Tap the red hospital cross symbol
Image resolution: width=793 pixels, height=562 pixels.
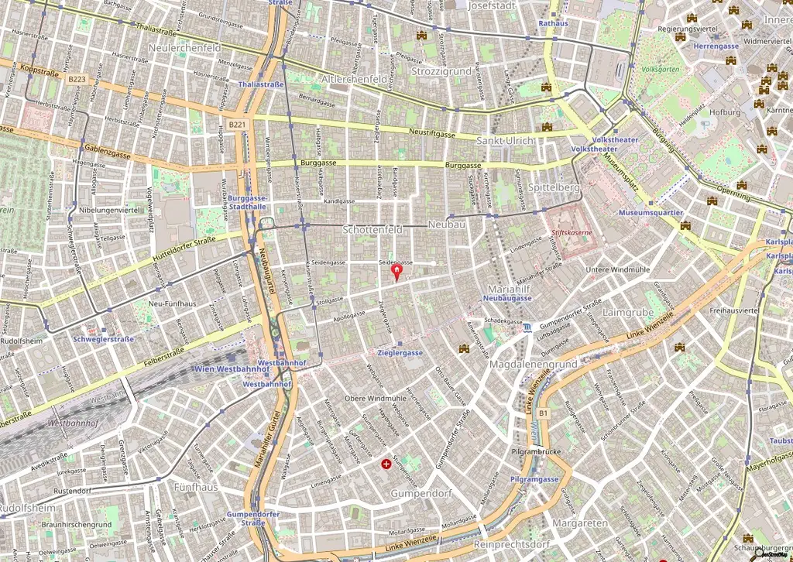pos(386,464)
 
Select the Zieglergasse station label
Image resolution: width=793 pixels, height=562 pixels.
pos(400,352)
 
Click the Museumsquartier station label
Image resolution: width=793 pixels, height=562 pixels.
pos(651,212)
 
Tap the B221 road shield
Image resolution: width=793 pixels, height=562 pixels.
pos(238,125)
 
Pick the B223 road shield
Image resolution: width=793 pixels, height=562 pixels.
pos(76,79)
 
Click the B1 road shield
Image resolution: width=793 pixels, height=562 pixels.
pos(544,413)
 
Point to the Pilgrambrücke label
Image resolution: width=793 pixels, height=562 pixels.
pos(536,451)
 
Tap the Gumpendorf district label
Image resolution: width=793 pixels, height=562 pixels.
pos(421,493)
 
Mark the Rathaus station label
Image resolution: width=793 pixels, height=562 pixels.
pos(553,24)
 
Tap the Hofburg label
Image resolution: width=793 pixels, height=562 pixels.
pos(726,112)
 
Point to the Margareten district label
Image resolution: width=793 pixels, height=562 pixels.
pos(581,523)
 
